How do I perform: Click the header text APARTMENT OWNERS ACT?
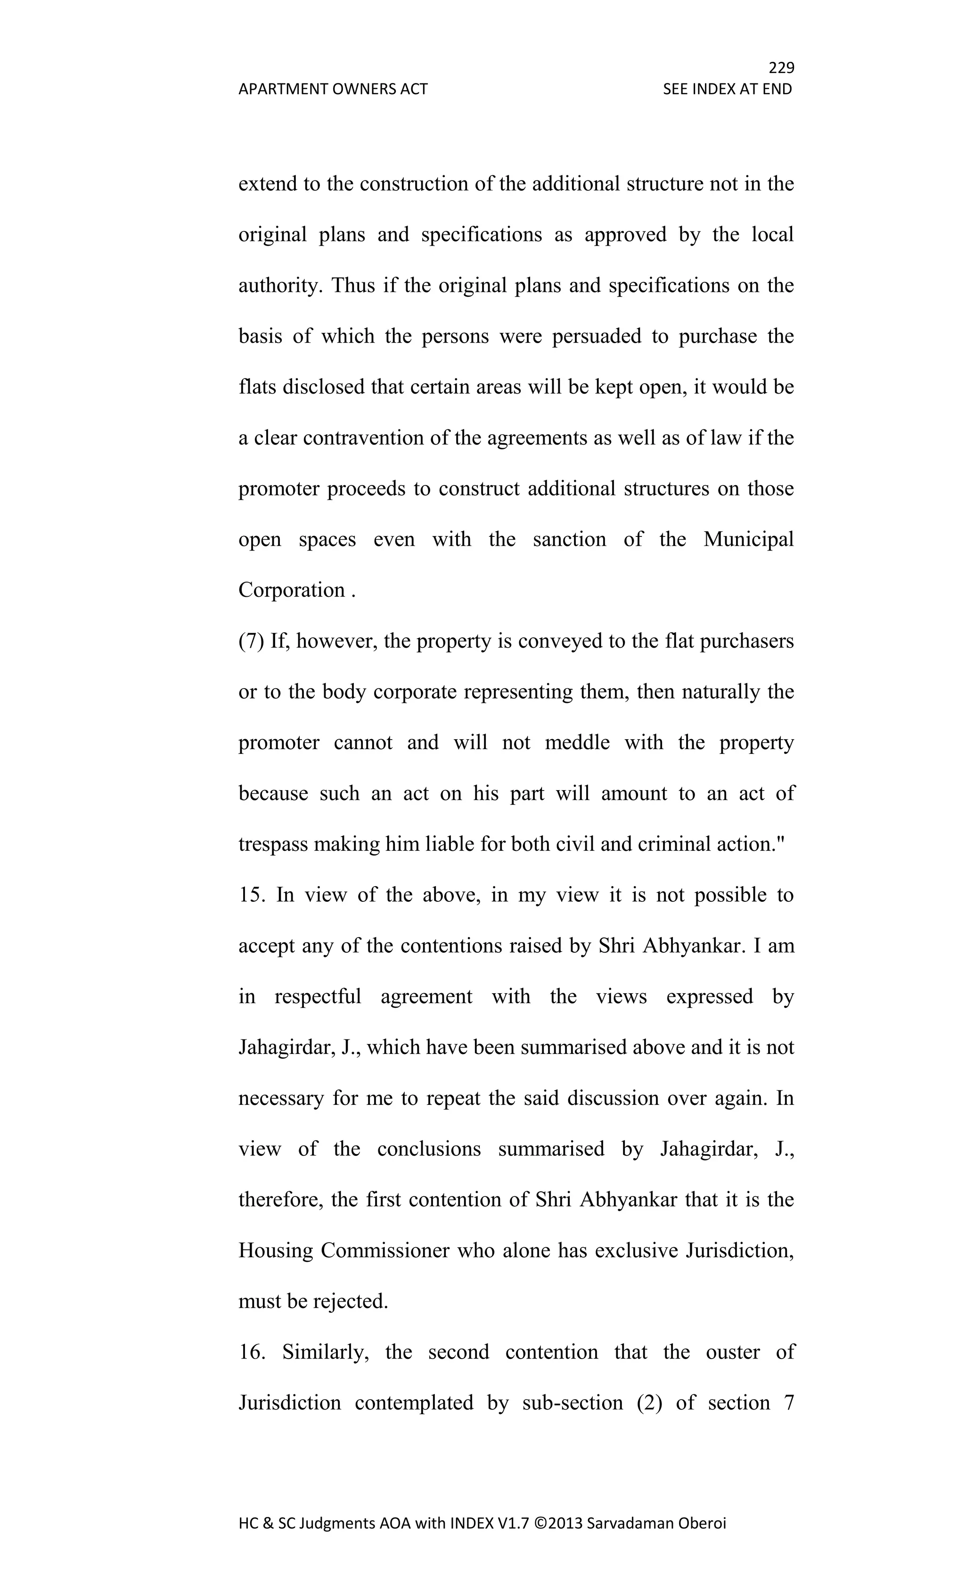333,89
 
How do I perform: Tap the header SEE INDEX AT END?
727,89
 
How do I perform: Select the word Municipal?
748,539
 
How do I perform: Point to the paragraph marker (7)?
252,641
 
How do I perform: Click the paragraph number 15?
251,895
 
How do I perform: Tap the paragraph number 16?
252,1352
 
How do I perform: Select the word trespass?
273,845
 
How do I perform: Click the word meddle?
577,743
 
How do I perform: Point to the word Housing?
276,1251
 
